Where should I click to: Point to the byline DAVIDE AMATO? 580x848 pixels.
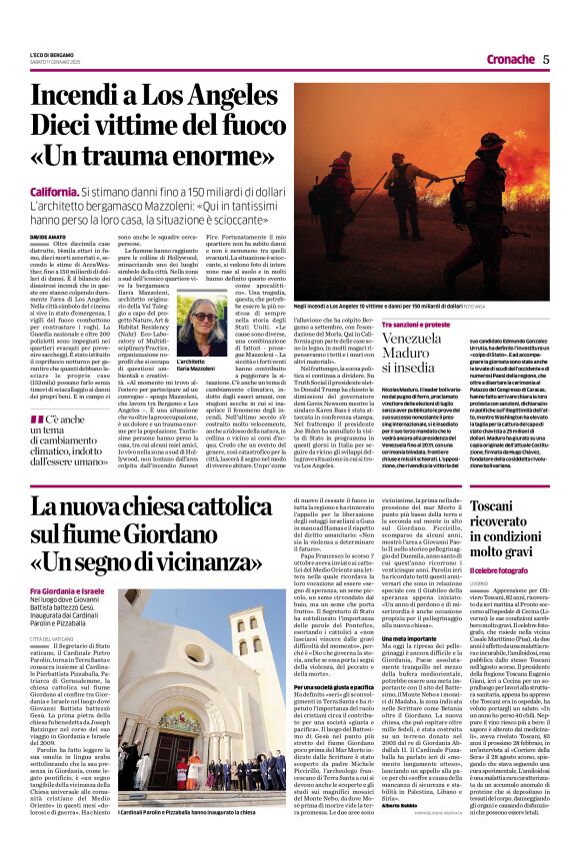[51, 237]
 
